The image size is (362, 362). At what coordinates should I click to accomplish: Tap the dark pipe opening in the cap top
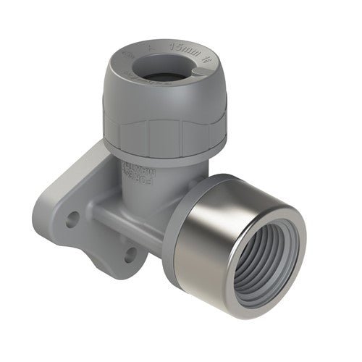154,72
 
